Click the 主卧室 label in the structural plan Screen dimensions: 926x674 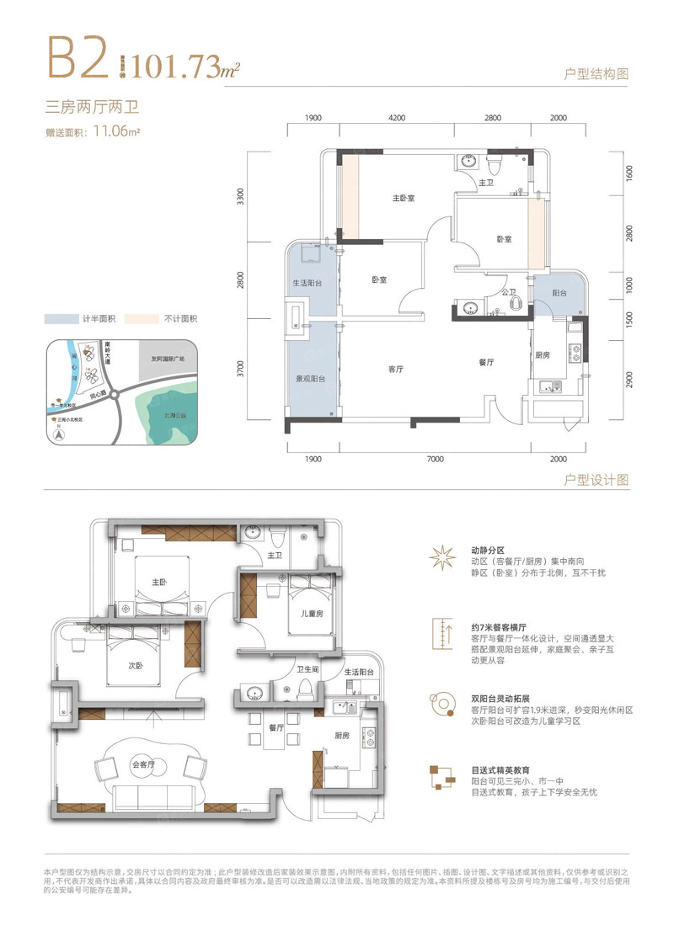pos(406,199)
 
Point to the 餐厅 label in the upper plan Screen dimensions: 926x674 pos(485,362)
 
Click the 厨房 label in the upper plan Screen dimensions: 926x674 pos(542,354)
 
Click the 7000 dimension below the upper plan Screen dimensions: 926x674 pos(435,459)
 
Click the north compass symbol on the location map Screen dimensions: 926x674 pos(58,434)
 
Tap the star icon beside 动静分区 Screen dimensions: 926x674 pos(442,557)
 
